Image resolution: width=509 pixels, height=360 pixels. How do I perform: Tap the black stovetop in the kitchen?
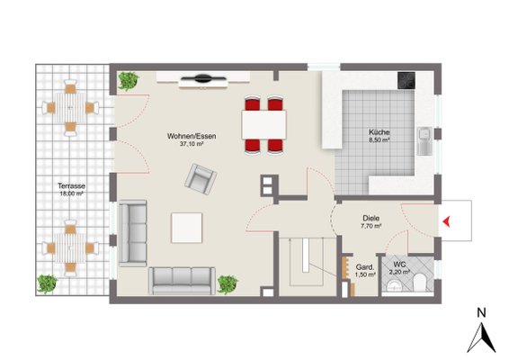[x=406, y=81]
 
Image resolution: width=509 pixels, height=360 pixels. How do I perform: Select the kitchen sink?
[x=424, y=141]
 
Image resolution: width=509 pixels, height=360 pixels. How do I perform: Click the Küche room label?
[x=380, y=132]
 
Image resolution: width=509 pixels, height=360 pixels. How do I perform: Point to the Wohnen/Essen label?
[x=192, y=136]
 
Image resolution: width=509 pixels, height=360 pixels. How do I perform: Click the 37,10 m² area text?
[x=192, y=144]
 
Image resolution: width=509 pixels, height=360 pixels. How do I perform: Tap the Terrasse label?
[x=71, y=186]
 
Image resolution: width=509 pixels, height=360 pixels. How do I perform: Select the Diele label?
[x=371, y=219]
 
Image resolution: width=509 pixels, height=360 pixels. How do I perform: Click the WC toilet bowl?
[x=420, y=282]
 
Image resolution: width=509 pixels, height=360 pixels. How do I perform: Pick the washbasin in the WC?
[x=394, y=285]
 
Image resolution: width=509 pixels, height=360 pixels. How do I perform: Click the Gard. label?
[x=365, y=267]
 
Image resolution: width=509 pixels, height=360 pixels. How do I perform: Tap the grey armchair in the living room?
[x=201, y=179]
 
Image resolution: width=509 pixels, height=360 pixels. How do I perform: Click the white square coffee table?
[x=187, y=228]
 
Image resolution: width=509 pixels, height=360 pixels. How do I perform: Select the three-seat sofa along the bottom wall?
[x=183, y=281]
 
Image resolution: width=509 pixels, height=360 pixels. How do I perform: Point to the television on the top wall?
[x=203, y=78]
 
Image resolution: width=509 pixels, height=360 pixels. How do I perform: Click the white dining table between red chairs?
[x=263, y=125]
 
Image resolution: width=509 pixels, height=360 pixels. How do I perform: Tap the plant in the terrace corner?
[x=48, y=283]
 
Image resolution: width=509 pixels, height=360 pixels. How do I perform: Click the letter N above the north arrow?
[x=481, y=313]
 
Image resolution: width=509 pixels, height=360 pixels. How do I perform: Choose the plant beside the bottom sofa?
[x=228, y=284]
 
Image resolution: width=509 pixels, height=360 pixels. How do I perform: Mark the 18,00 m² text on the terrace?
[x=71, y=193]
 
